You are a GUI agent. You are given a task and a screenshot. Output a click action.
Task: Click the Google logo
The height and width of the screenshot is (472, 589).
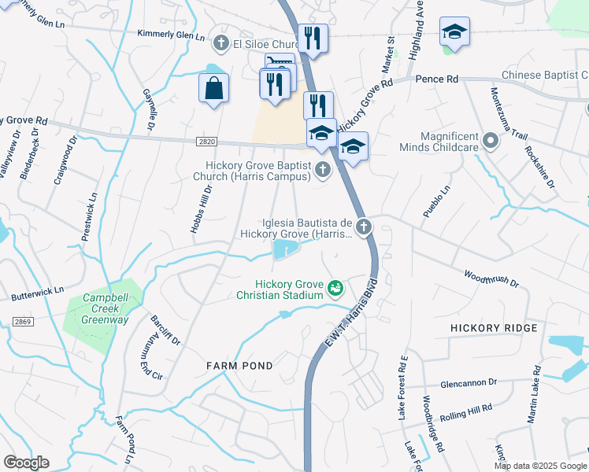[26, 463]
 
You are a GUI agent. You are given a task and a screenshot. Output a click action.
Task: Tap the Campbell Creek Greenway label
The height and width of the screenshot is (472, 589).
[106, 309]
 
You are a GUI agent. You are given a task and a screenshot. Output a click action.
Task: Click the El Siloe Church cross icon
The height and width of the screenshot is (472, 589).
[222, 42]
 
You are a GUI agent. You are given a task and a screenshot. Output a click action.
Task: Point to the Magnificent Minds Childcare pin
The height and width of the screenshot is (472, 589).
[491, 142]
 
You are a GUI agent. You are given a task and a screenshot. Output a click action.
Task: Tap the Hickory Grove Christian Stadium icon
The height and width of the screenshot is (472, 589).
[336, 289]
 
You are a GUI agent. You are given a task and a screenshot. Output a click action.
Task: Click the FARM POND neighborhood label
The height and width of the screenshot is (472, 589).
[239, 366]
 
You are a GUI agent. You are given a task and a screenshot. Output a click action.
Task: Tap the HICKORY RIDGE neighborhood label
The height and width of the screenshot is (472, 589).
[494, 327]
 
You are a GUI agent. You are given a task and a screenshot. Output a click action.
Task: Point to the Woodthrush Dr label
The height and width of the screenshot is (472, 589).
[491, 278]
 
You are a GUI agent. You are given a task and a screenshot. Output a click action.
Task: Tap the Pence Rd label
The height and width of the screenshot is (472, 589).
[437, 79]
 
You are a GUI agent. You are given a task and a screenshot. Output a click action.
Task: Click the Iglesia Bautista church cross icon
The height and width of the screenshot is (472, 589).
[363, 227]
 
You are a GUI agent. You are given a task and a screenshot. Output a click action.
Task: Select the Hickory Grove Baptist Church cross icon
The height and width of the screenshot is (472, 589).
[322, 169]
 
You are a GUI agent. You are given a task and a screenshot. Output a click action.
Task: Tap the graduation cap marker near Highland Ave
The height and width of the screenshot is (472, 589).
[454, 32]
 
